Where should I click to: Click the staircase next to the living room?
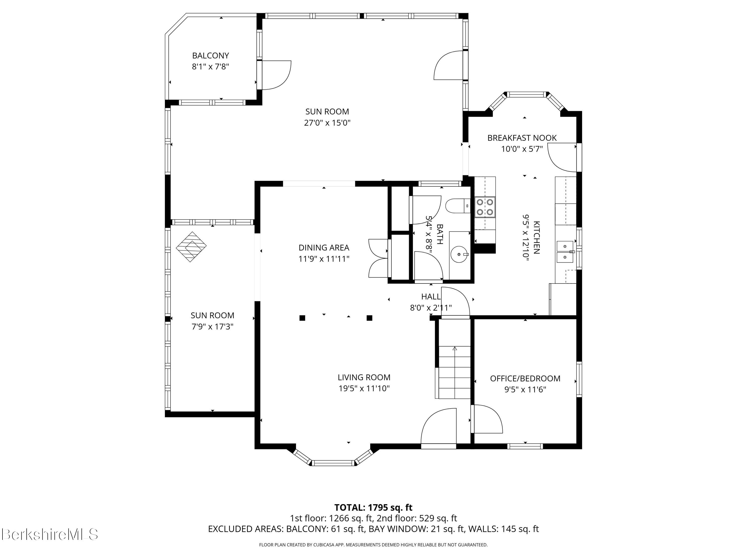454,372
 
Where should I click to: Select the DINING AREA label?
324,248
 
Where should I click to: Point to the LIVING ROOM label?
364,377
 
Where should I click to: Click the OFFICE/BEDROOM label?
525,378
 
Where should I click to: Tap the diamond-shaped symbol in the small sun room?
191,247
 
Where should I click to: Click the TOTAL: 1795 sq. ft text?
373,507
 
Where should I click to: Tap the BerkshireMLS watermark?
50,534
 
